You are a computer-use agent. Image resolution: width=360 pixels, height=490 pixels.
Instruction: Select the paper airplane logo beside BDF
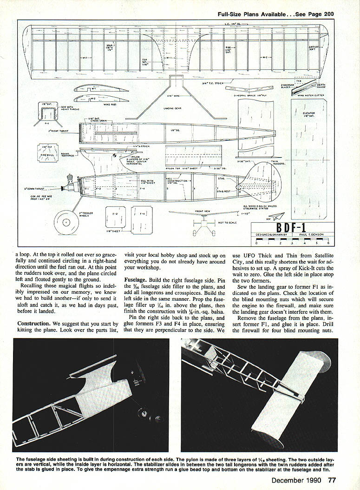(278, 217)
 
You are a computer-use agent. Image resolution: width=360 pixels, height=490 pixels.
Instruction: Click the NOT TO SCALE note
(230, 223)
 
